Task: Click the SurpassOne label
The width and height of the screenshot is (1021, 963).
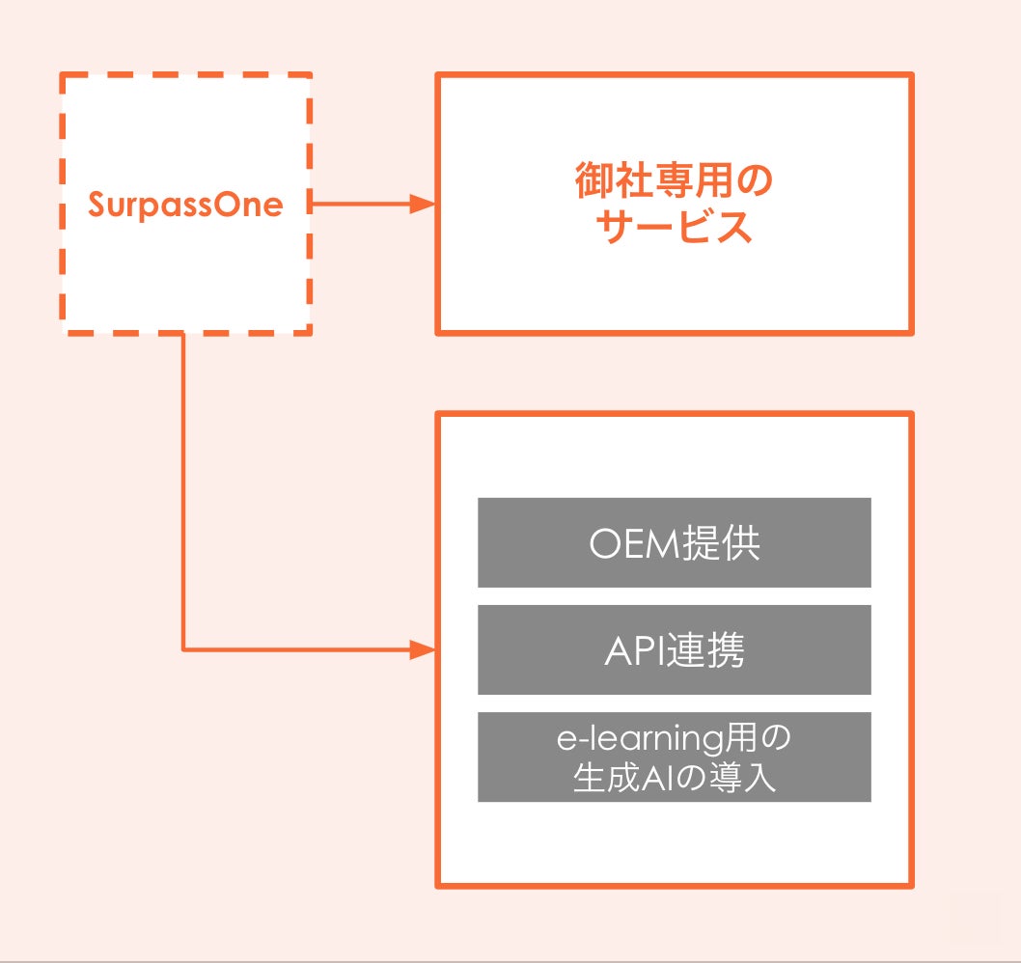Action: (x=185, y=205)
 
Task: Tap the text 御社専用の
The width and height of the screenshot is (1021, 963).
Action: (x=675, y=181)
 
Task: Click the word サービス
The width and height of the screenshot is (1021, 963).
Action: (x=675, y=228)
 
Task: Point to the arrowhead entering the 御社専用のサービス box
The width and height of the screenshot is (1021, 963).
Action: (x=423, y=205)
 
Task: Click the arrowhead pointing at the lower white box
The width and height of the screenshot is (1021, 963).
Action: (x=423, y=649)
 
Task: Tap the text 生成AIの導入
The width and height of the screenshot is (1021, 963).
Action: (x=675, y=777)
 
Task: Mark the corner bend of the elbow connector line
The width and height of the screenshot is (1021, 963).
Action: (x=183, y=649)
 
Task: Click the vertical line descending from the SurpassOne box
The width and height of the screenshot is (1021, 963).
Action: (x=183, y=482)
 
